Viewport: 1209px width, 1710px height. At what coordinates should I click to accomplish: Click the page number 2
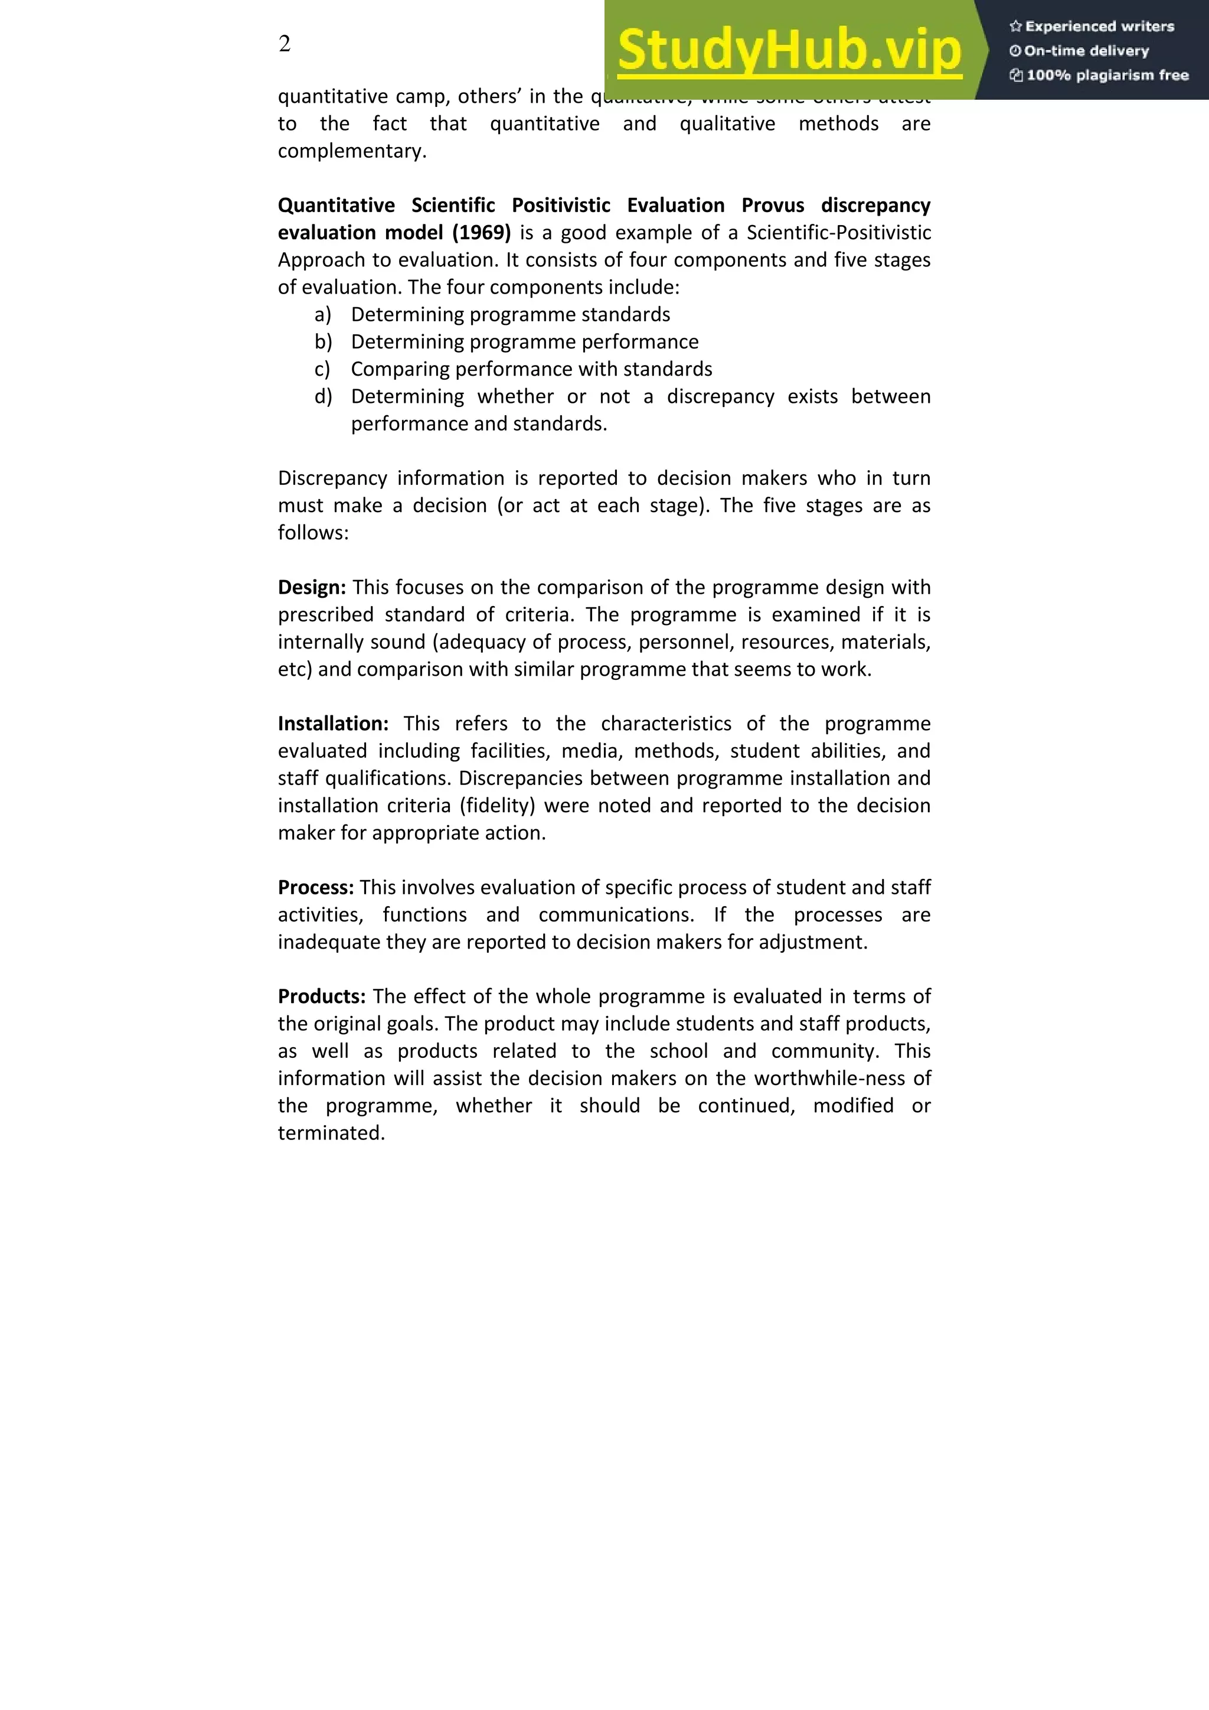click(x=285, y=45)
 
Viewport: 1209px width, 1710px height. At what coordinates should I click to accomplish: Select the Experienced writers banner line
click(x=1092, y=27)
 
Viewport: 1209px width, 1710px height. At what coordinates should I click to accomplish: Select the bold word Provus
click(x=773, y=206)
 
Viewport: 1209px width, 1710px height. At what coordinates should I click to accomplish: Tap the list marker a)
click(x=322, y=315)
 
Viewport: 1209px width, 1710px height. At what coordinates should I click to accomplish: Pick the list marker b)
click(x=322, y=342)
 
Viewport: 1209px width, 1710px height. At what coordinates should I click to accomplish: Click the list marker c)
click(x=322, y=369)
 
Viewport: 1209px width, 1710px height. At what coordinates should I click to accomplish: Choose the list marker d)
click(x=322, y=397)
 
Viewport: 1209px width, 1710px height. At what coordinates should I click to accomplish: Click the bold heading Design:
click(x=312, y=588)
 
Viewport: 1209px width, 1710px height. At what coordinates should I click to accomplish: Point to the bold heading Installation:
click(x=333, y=724)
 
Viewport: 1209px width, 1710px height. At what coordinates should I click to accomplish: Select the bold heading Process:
click(x=316, y=888)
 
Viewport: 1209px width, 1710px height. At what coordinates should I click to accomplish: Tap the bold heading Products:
click(x=322, y=996)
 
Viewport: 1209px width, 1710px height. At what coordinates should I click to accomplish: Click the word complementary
click(x=351, y=151)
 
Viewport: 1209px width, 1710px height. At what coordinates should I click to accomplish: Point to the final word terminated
click(x=331, y=1134)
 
